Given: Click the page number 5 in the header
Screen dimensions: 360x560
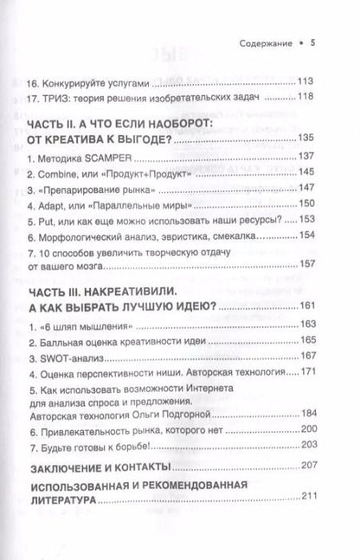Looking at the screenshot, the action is coord(326,42).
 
